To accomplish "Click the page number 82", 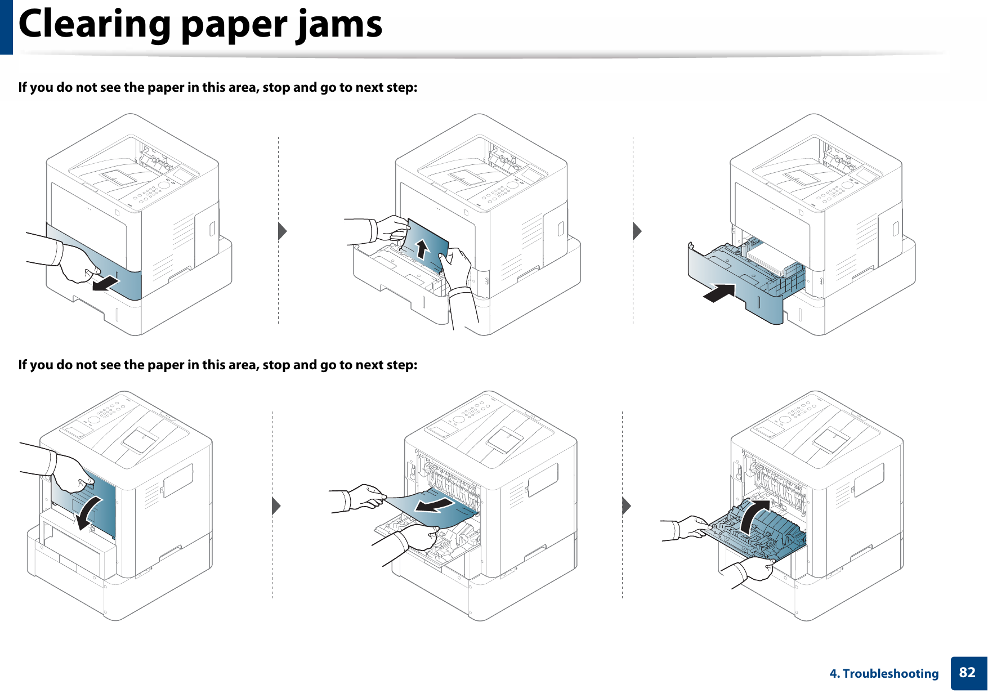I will [967, 673].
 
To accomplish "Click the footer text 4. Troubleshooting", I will [884, 674].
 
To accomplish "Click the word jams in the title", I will [340, 25].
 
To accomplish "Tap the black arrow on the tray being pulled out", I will [106, 283].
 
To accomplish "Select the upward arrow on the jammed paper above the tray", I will [422, 248].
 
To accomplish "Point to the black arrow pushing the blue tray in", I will [720, 293].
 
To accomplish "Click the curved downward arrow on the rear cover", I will [90, 512].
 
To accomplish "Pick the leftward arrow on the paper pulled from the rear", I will [433, 504].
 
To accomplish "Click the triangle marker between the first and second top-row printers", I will [283, 231].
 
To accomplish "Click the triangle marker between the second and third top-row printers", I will [637, 231].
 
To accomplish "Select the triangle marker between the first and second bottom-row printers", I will [276, 506].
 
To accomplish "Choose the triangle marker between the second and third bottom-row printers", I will [627, 506].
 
